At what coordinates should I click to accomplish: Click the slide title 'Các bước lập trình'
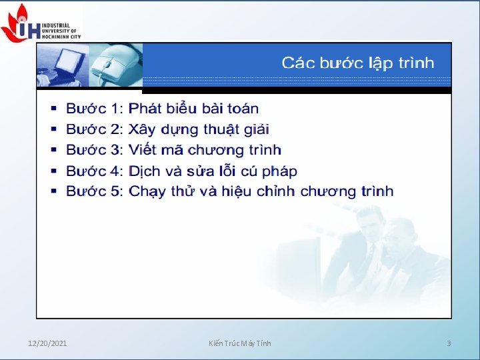point(357,63)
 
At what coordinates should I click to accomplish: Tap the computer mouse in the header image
point(107,67)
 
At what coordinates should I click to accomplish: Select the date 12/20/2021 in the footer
point(47,343)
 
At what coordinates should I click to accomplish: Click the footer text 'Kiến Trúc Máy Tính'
point(239,343)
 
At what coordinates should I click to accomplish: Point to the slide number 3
point(449,343)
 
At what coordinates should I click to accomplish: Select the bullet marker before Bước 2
point(53,129)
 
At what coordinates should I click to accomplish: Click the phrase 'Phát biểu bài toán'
point(193,108)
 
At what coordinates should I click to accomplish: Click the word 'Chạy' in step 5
point(147,192)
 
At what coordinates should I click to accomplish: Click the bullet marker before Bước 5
point(53,191)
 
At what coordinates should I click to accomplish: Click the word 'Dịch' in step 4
point(145,171)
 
